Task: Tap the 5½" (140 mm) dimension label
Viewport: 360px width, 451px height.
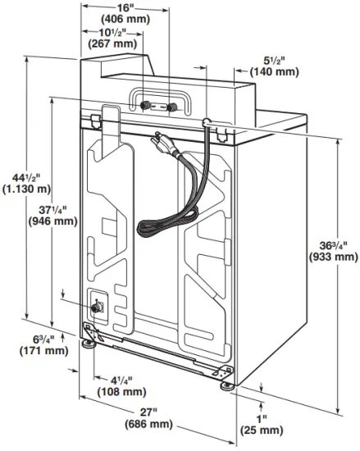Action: [274, 66]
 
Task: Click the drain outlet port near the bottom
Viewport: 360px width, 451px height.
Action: [98, 307]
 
